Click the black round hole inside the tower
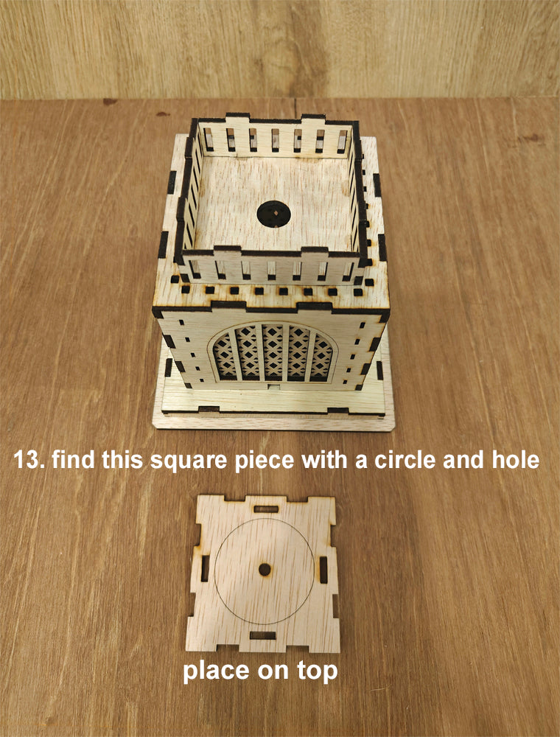[x=273, y=214]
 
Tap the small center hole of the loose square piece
[x=265, y=569]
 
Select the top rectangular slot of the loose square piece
[x=265, y=509]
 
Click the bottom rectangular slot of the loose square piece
[x=262, y=635]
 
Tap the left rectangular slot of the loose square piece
[x=205, y=567]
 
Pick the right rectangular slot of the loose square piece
[x=323, y=570]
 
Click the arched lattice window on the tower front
[x=273, y=352]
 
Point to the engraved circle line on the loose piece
[x=214, y=570]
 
